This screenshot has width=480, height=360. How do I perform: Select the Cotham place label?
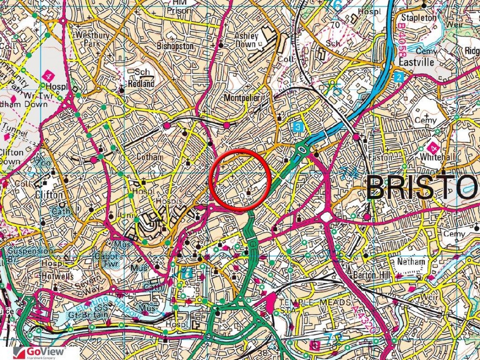coord(150,157)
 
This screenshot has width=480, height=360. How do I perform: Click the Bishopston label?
coord(175,45)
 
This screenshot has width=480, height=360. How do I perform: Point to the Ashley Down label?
coord(246,40)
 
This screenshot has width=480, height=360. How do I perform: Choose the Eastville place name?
coord(416,62)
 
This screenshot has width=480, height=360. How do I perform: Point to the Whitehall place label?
coord(436,157)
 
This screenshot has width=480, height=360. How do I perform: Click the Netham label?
coord(411,262)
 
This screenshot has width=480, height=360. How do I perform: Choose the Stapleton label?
coord(419,18)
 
